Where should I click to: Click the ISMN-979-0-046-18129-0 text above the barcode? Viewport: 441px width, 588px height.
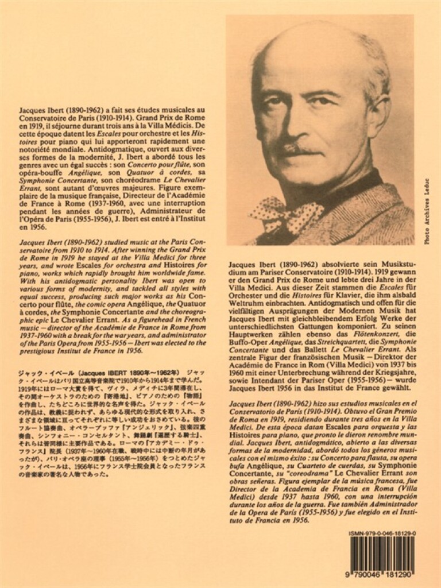(x=381, y=534)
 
